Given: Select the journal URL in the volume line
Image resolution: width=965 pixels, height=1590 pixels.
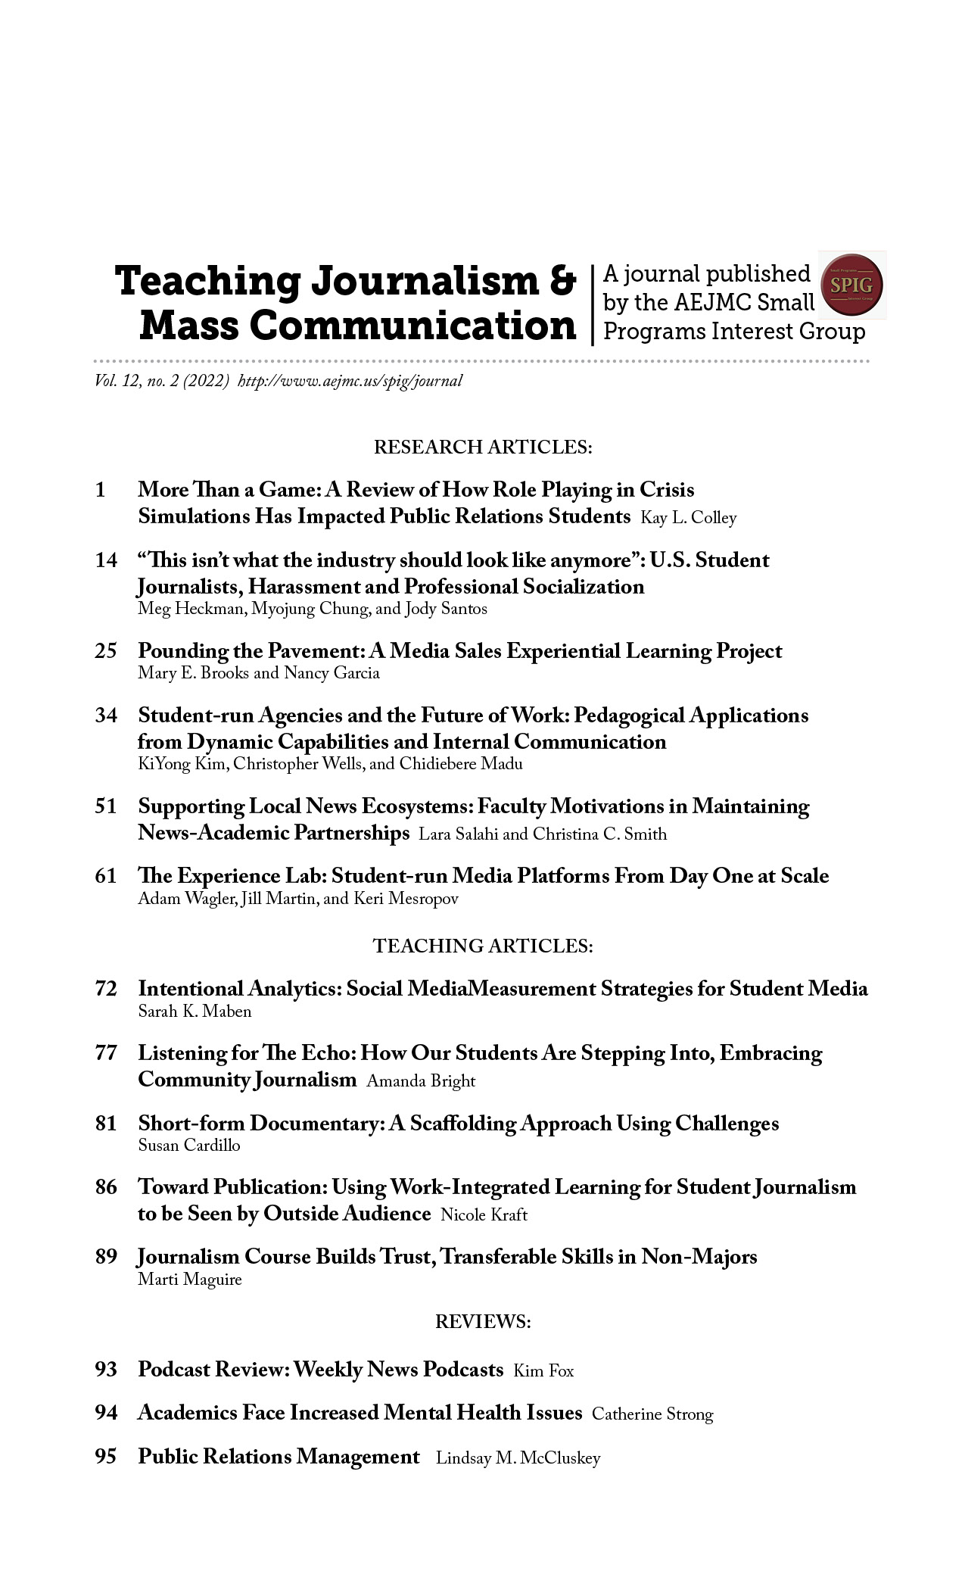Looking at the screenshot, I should click(350, 381).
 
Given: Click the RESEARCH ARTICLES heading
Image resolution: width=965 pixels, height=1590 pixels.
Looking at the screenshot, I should click(482, 447).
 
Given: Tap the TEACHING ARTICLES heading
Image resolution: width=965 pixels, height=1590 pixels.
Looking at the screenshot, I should click(482, 946).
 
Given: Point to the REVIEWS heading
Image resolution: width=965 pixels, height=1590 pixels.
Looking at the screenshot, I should click(482, 1322).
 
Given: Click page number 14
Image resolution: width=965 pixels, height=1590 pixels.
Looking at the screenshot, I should click(106, 560).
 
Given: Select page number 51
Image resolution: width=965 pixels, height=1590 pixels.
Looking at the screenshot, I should click(106, 806).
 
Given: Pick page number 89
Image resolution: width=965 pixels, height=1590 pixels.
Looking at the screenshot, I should click(106, 1257).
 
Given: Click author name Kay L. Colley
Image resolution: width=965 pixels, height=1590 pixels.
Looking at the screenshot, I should click(688, 518).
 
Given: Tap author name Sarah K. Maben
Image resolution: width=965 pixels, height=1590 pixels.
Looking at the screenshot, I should click(195, 1012).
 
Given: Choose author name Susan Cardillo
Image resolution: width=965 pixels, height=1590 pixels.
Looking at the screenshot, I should click(188, 1146).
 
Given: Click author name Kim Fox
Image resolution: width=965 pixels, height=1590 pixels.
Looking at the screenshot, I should click(543, 1371).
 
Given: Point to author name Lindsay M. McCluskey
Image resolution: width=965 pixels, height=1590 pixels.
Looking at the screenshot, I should click(518, 1459).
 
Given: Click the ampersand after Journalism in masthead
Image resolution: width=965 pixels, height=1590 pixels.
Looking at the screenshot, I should click(561, 281).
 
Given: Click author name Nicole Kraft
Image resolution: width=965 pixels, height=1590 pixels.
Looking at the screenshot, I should click(484, 1215).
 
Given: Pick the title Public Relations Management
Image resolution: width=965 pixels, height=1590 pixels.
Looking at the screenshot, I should click(279, 1457).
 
